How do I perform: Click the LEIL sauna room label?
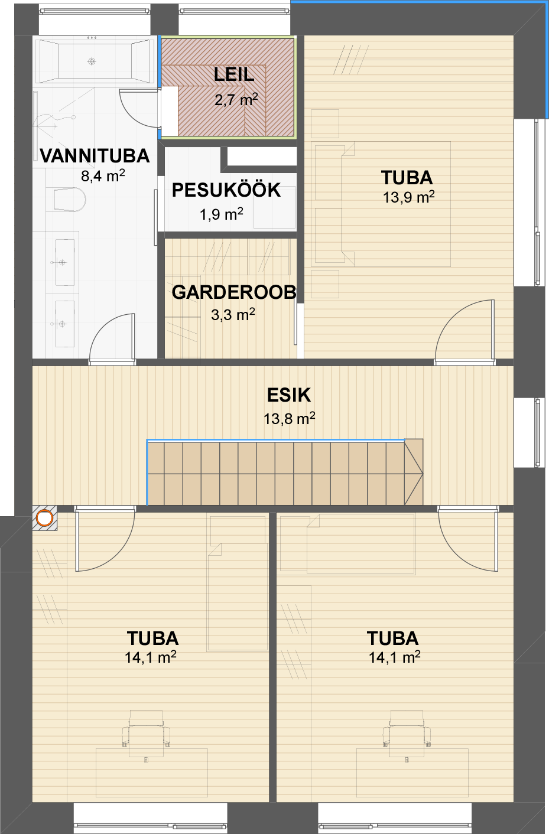pyautogui.click(x=234, y=74)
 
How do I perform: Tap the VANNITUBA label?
pyautogui.click(x=95, y=155)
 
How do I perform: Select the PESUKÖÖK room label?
pyautogui.click(x=226, y=190)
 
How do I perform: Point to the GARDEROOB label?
pyautogui.click(x=234, y=292)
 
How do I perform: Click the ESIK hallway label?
pyautogui.click(x=288, y=395)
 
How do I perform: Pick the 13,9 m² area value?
pyautogui.click(x=408, y=197)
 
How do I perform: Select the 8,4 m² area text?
pyautogui.click(x=103, y=175)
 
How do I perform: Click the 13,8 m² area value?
pyautogui.click(x=289, y=419)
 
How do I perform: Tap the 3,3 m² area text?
pyautogui.click(x=233, y=315)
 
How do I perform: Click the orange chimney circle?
pyautogui.click(x=45, y=518)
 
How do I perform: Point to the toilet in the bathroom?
pyautogui.click(x=70, y=199)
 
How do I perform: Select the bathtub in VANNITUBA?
pyautogui.click(x=95, y=61)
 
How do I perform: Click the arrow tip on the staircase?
pyautogui.click(x=423, y=473)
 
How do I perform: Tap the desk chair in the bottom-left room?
pyautogui.click(x=146, y=734)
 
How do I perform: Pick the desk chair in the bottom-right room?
pyautogui.click(x=407, y=734)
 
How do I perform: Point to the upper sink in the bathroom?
pyautogui.click(x=64, y=262)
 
